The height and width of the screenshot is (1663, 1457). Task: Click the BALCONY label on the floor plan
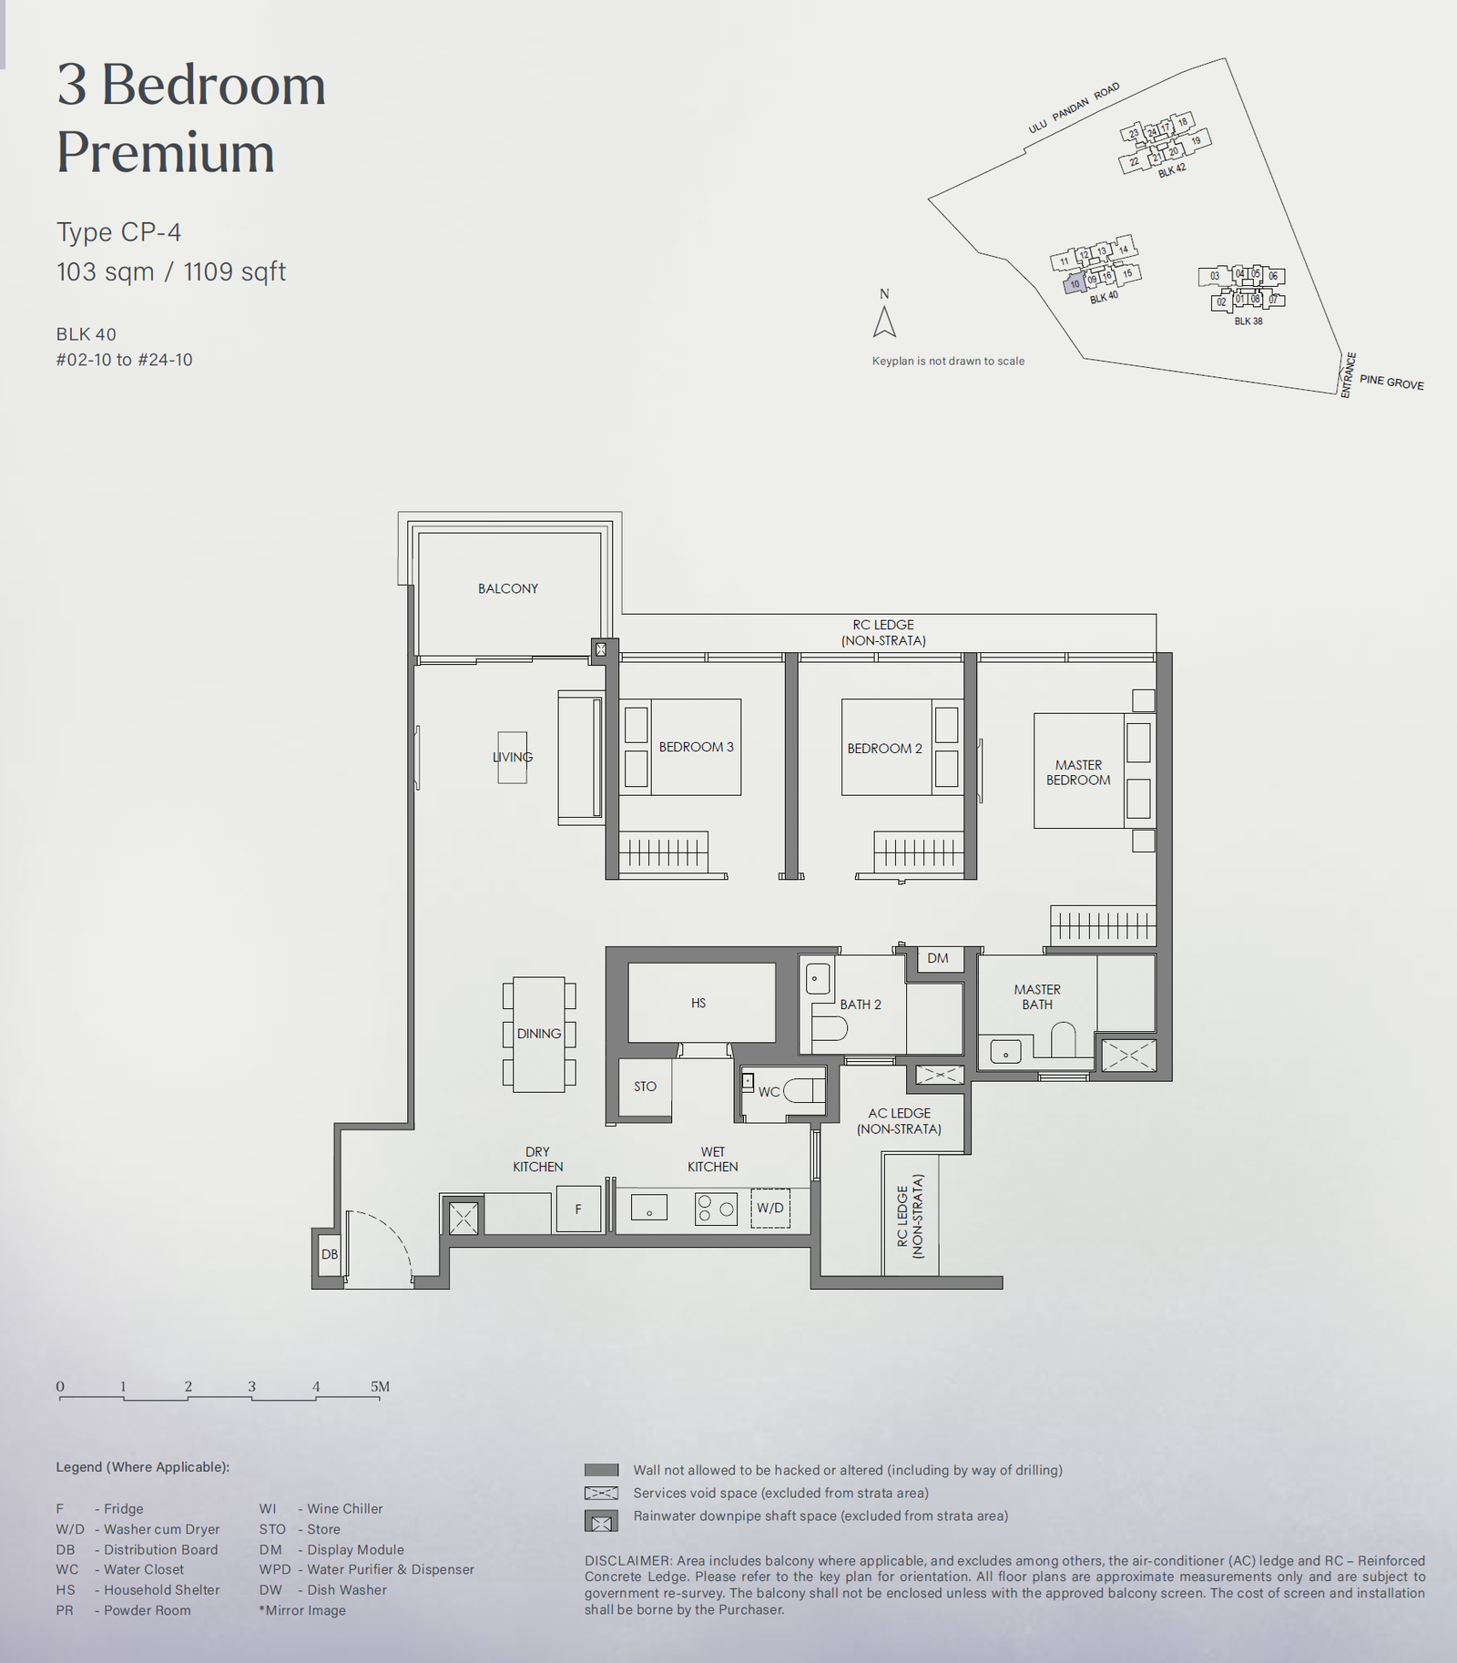point(508,588)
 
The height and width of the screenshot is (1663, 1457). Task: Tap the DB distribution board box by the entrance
point(330,1254)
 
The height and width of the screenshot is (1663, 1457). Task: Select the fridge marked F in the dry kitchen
point(578,1209)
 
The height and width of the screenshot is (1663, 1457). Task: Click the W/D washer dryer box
point(770,1209)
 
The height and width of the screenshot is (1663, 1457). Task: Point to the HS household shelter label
point(698,1003)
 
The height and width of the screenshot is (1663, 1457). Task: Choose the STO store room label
point(645,1087)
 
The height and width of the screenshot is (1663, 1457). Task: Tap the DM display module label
point(938,958)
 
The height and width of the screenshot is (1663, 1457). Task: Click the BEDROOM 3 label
point(696,747)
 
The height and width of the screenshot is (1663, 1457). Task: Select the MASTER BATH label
point(1037,996)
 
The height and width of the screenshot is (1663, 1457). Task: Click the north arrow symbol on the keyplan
point(884,321)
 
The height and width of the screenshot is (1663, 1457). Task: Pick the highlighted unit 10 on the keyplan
point(1075,284)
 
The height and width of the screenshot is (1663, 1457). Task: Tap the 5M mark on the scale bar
point(380,1386)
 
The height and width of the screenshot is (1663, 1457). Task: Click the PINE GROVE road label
point(1391,383)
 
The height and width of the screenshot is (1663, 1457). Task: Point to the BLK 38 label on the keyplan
point(1248,321)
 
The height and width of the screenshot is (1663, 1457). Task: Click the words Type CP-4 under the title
point(118,233)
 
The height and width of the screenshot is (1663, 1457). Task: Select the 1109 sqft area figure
point(235,272)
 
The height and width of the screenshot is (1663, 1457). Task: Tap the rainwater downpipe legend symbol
point(601,1522)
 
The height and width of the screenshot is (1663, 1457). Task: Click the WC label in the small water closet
point(769,1092)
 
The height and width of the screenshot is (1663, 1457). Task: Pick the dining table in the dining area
point(539,1035)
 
